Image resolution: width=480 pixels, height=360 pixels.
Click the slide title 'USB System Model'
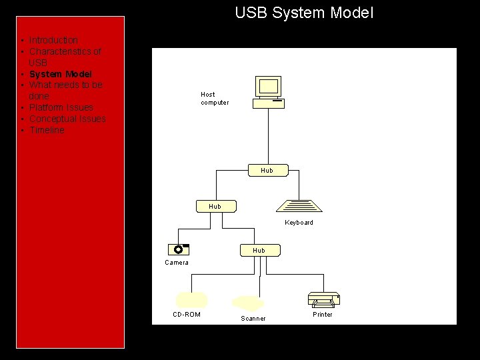(304, 13)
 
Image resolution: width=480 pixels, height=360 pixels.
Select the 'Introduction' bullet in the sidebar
(53, 41)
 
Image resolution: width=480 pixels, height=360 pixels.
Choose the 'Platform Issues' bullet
(61, 107)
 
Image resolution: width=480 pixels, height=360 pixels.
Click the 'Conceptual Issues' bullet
(67, 119)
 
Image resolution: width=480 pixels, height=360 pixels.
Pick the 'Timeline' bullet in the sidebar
(47, 130)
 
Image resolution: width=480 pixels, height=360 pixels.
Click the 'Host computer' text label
(214, 99)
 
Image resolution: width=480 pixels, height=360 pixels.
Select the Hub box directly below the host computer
(267, 171)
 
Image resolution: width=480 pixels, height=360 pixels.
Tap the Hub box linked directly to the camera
(215, 206)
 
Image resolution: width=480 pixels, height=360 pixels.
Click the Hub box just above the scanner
(259, 251)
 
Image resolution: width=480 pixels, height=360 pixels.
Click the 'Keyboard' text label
(299, 223)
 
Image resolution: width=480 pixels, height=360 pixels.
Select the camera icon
(179, 249)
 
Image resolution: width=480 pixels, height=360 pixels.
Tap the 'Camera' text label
(177, 263)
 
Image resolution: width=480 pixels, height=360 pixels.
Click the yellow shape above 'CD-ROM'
(191, 299)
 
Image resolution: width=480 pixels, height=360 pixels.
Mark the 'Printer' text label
(323, 315)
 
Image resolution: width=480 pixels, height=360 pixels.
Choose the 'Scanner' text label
(253, 319)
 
